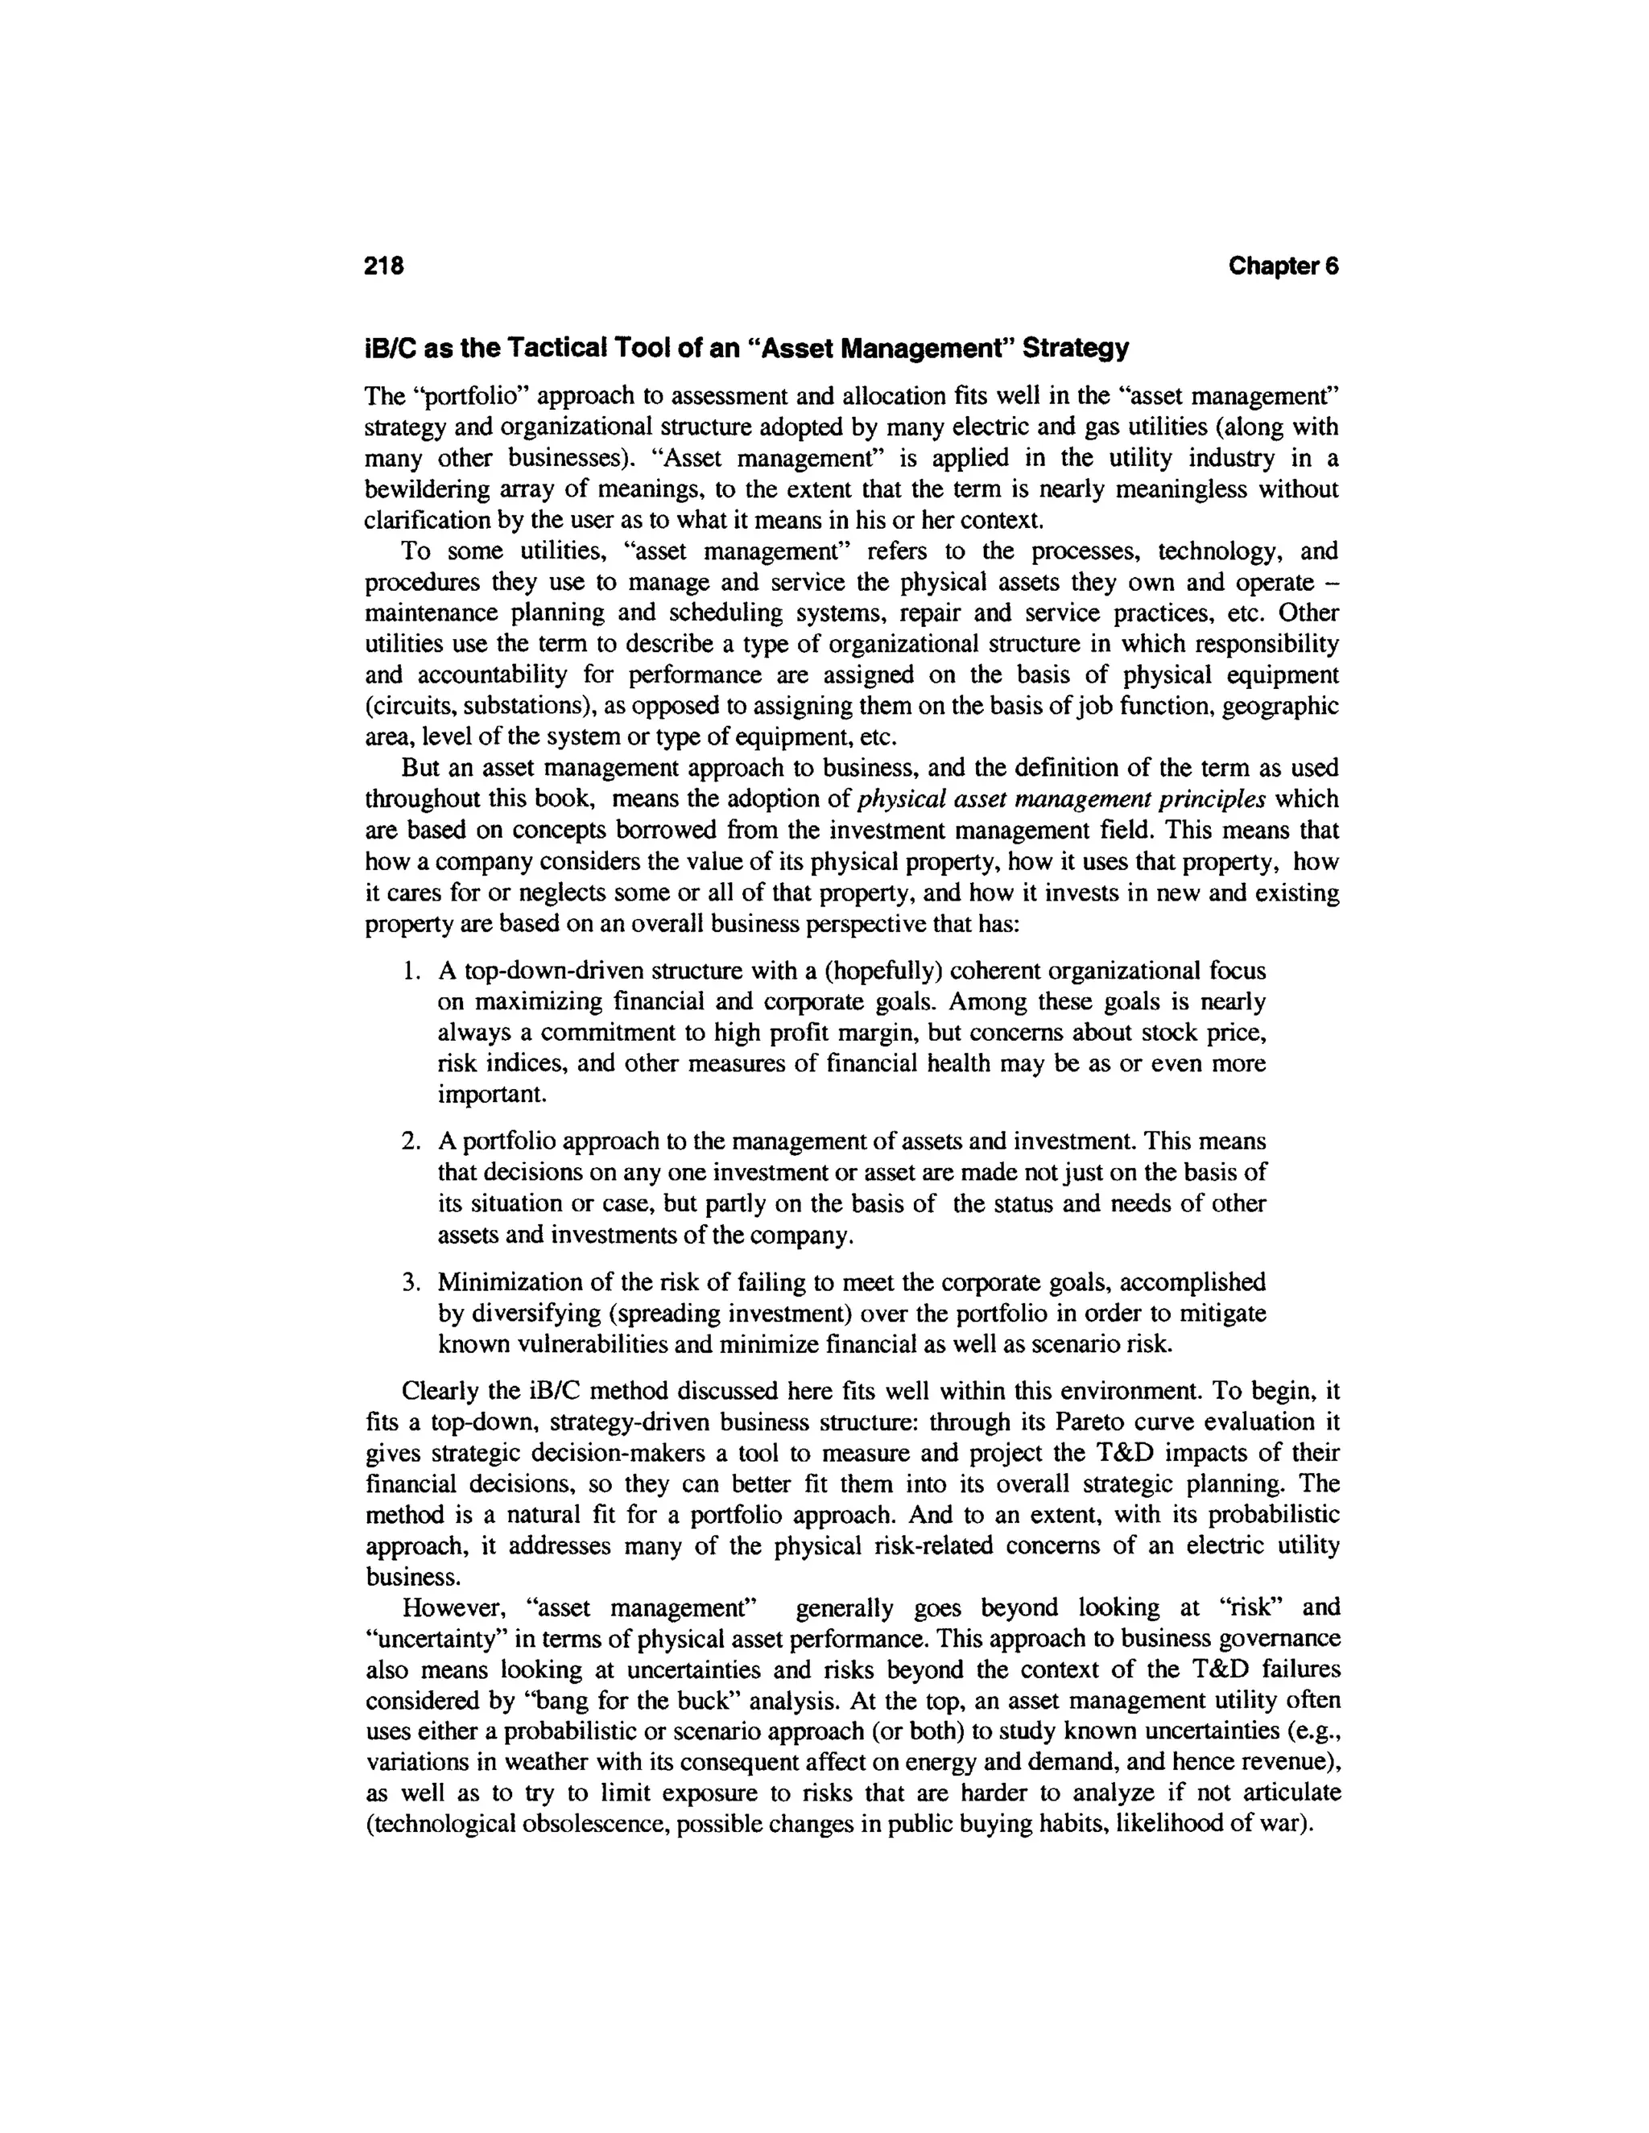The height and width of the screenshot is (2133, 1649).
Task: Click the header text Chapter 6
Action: pyautogui.click(x=1283, y=266)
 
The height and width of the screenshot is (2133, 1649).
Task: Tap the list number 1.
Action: pyautogui.click(x=411, y=972)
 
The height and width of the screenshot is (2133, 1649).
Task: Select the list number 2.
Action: pyautogui.click(x=411, y=1141)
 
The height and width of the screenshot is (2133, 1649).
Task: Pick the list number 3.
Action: pyautogui.click(x=411, y=1282)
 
